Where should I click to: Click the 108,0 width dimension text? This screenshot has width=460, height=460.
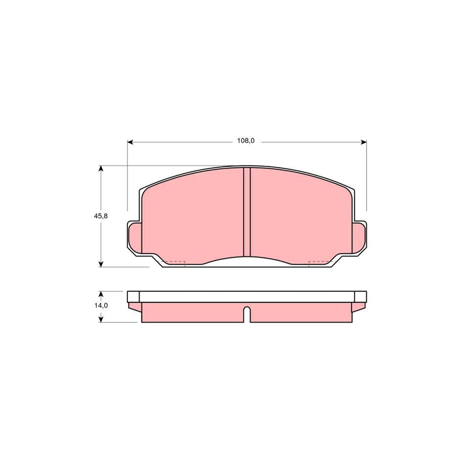point(246,141)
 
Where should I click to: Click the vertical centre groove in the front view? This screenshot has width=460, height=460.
point(246,212)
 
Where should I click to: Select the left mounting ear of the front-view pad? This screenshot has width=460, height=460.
point(134,238)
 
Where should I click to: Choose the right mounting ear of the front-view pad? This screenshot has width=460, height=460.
point(360,238)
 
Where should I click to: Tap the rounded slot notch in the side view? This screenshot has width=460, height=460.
point(246,313)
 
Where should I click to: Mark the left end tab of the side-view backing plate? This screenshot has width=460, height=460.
point(133,296)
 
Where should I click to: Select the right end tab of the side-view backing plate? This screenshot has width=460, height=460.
point(360,296)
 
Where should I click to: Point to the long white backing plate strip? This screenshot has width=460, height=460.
point(246,296)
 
